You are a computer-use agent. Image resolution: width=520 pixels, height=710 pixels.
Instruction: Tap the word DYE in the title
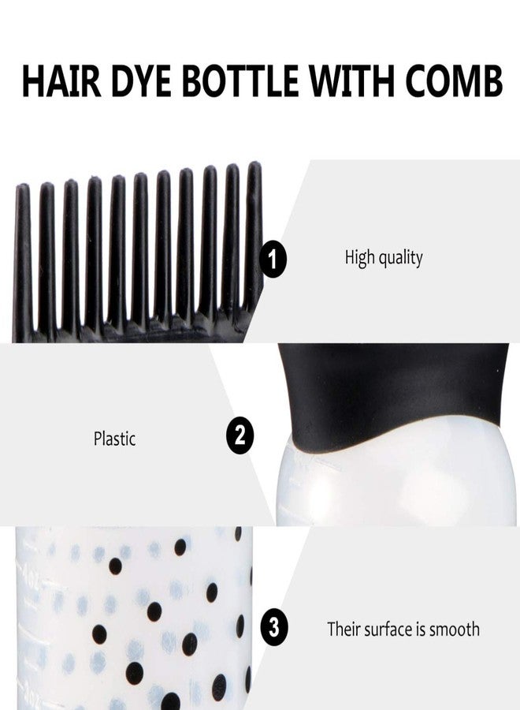pos(147,81)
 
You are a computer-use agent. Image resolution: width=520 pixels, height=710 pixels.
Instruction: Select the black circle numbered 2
pos(240,435)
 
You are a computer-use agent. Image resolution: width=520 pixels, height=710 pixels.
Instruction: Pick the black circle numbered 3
pos(273,629)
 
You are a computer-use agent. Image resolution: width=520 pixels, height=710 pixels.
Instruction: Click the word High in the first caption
pos(360,258)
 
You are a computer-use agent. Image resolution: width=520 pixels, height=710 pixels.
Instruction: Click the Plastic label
pos(114,439)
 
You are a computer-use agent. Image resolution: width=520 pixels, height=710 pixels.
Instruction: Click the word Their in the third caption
pos(343,630)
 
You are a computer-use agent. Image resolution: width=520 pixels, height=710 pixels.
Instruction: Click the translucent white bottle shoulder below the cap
pos(394,481)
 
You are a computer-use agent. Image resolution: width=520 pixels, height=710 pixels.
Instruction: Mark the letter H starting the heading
pos(32,81)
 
